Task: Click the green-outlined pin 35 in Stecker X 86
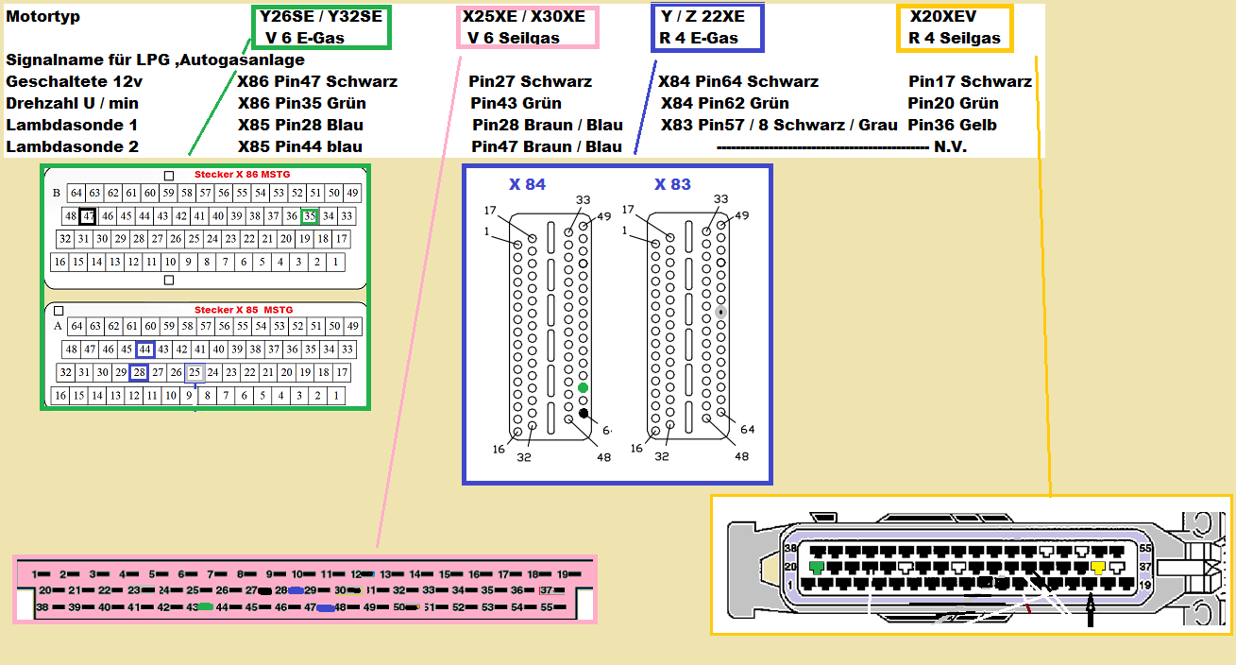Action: pos(310,216)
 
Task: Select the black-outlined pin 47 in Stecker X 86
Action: pos(88,216)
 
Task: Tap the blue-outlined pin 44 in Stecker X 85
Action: pos(144,350)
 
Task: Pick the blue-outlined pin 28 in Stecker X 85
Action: pos(139,372)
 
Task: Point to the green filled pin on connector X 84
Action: pos(583,388)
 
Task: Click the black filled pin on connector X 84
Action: pos(584,413)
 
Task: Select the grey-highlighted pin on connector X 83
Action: pos(720,311)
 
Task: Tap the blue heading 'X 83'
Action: pos(672,184)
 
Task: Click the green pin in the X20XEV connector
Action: pos(817,568)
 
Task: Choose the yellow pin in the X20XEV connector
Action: pos(1098,568)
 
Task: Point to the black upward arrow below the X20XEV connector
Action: pos(1090,614)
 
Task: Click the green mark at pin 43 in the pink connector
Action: pos(204,607)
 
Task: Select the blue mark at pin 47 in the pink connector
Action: pos(326,607)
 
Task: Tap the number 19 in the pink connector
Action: pos(562,574)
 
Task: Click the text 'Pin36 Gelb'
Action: pos(952,125)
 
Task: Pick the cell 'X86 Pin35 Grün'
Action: pos(301,103)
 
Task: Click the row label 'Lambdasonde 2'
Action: pos(72,146)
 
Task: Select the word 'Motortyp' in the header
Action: pos(43,17)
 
